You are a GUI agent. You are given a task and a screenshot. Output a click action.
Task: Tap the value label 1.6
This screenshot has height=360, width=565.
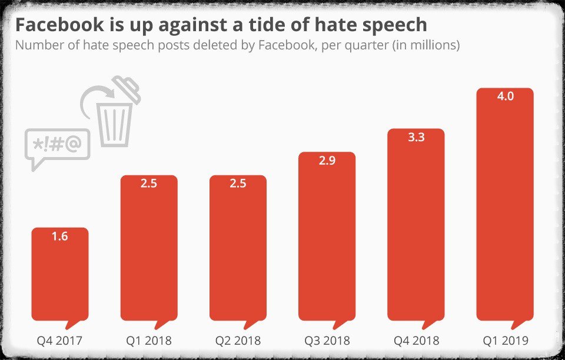click(59, 236)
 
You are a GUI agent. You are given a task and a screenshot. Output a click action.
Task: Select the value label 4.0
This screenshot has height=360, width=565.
click(505, 96)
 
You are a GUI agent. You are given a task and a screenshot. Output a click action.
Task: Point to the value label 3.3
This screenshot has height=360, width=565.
click(416, 138)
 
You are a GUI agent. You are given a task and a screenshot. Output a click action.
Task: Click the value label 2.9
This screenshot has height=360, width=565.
click(327, 161)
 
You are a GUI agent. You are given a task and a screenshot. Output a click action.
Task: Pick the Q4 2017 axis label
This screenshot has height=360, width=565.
click(59, 341)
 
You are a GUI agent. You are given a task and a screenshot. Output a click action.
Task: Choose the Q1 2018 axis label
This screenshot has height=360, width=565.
click(149, 341)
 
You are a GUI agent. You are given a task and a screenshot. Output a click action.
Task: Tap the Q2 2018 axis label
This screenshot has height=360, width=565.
click(238, 341)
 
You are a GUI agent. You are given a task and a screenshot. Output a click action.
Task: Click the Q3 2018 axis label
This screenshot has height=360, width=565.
click(327, 341)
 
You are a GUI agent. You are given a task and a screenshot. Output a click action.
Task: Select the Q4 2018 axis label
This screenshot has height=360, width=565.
click(416, 341)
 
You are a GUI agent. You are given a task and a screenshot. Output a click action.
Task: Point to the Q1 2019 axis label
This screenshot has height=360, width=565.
click(505, 341)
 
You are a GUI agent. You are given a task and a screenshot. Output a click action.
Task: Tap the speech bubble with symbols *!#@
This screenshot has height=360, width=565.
click(57, 145)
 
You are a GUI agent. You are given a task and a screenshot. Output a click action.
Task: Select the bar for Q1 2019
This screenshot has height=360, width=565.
click(505, 212)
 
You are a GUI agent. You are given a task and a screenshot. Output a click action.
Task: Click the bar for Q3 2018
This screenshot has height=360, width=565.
click(327, 241)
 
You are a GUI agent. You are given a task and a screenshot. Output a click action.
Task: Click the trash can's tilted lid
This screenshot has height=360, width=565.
click(127, 89)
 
